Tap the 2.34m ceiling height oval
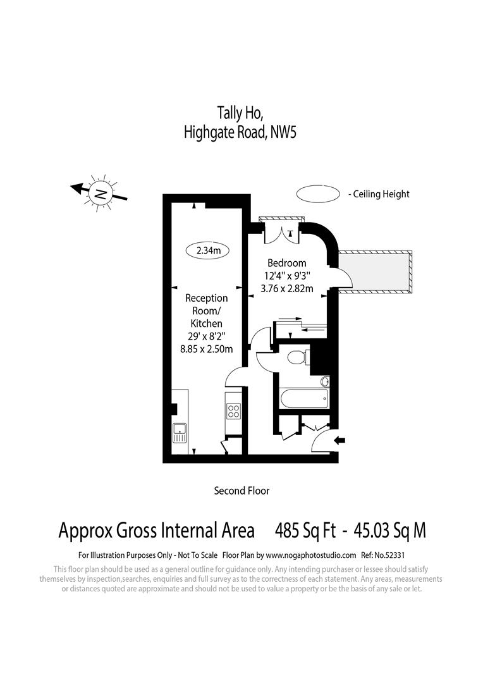point(208,250)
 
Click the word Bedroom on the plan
point(286,263)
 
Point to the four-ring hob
point(233,411)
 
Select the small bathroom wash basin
point(325,381)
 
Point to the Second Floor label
point(241,490)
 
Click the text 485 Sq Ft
point(305,530)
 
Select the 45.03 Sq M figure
point(390,530)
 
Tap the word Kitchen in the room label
point(207,323)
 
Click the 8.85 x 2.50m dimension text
point(207,348)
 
